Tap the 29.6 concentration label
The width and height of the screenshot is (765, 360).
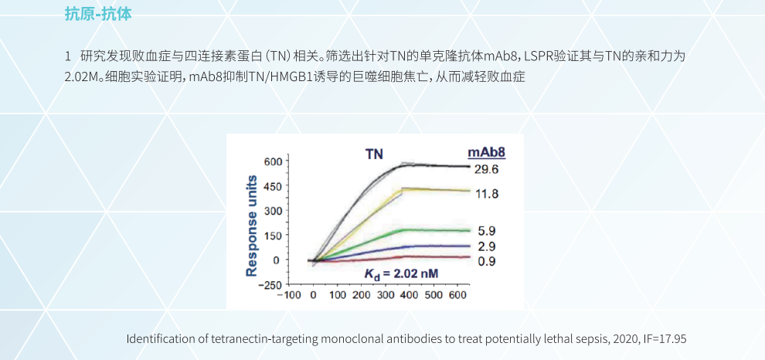coord(486,169)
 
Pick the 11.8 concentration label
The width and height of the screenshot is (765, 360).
coord(486,194)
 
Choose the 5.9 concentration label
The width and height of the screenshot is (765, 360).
coord(486,231)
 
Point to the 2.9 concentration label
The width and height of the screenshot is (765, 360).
coord(486,246)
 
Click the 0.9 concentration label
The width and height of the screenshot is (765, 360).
coord(486,261)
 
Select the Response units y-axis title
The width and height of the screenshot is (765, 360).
coord(252,224)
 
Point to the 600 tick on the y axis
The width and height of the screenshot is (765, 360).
coord(271,161)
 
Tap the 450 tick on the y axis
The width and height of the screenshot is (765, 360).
coord(271,186)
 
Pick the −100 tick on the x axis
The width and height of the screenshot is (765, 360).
coord(288,296)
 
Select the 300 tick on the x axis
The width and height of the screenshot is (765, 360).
coord(385,296)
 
